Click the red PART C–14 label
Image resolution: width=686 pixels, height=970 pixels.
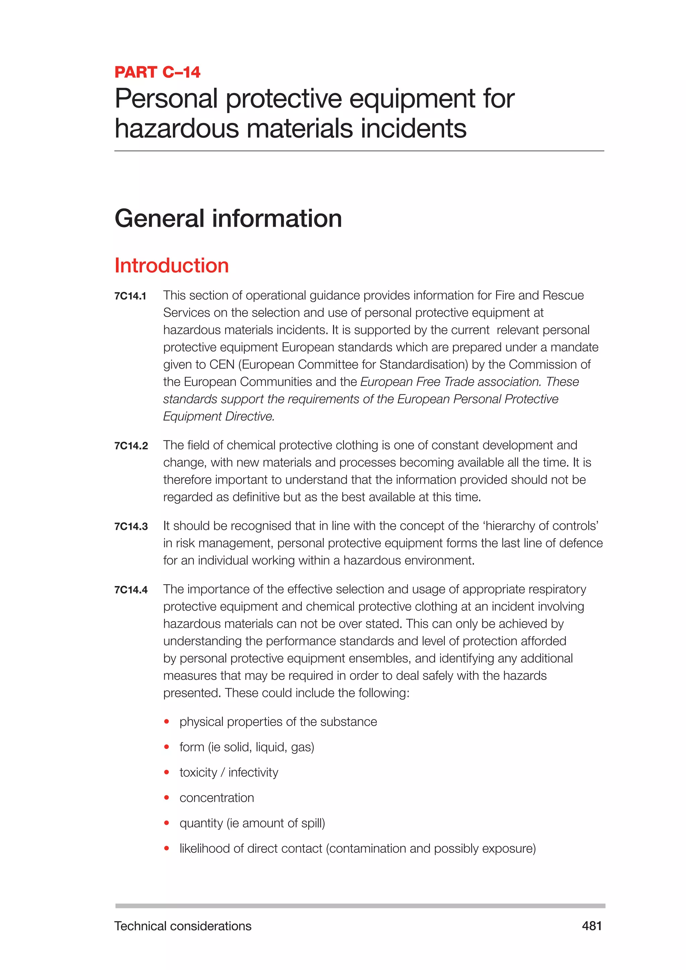[157, 72]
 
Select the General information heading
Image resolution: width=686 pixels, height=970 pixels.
[228, 218]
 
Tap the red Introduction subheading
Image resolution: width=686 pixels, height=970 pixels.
[171, 266]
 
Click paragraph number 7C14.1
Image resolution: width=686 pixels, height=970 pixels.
[130, 296]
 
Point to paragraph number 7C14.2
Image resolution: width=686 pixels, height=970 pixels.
[131, 446]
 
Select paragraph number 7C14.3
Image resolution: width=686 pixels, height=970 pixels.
[131, 527]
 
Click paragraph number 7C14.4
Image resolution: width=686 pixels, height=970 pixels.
[131, 590]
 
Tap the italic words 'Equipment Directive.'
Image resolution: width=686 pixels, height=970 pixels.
[219, 417]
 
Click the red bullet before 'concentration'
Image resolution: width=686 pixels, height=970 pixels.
[167, 798]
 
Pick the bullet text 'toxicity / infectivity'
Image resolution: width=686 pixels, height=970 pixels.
[228, 773]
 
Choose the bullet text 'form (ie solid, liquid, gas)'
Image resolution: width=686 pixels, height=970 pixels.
[247, 747]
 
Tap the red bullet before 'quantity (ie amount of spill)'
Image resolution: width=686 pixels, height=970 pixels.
[167, 823]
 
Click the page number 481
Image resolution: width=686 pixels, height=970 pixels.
[592, 926]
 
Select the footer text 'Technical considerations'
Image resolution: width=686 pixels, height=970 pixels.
[183, 926]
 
